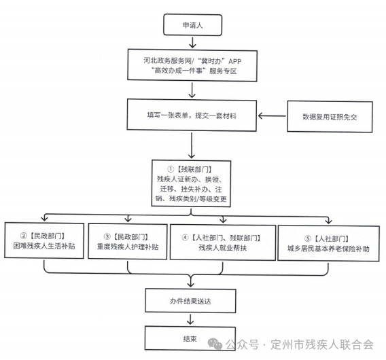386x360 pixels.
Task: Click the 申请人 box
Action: point(192,25)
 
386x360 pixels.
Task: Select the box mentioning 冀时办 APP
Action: point(192,65)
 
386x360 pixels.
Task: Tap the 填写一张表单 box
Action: point(192,115)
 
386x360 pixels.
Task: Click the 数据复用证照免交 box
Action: point(330,117)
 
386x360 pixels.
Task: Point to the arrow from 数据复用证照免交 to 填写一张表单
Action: point(272,115)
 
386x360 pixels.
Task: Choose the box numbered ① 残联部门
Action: point(191,183)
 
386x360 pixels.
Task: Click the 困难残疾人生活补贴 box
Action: point(44,240)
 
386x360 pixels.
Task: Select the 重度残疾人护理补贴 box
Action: point(128,241)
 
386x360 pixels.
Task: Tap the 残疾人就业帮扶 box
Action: point(223,242)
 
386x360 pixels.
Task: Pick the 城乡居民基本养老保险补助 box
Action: point(328,243)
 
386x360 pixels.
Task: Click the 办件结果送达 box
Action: point(190,301)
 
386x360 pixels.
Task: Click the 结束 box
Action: point(190,338)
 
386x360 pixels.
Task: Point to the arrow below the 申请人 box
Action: point(192,42)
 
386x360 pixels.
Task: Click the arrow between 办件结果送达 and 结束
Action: point(190,319)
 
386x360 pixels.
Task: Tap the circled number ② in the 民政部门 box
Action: point(24,236)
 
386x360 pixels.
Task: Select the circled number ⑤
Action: point(308,238)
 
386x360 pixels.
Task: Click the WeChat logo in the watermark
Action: point(215,344)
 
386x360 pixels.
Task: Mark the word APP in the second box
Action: point(235,61)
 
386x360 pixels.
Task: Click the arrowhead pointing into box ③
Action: point(128,219)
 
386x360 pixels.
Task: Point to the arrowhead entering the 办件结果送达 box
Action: point(190,284)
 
